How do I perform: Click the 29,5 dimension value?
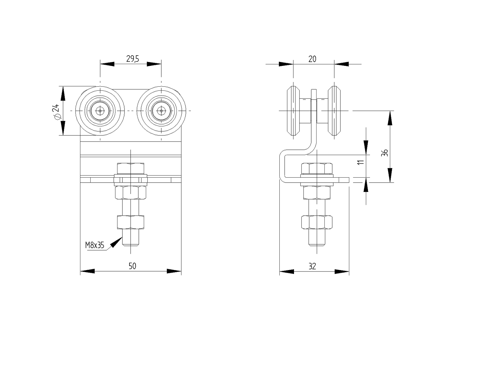click(x=133, y=59)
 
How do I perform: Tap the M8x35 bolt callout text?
click(x=95, y=245)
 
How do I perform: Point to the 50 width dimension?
click(x=132, y=266)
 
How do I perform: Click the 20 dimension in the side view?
click(x=312, y=59)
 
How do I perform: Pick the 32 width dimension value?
click(x=312, y=266)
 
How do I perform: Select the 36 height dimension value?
click(x=385, y=152)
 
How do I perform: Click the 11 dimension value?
click(x=362, y=162)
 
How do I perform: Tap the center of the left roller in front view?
click(x=100, y=111)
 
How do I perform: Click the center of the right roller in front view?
click(x=161, y=111)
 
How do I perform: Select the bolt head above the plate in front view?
click(x=130, y=168)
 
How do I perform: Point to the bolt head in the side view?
click(x=317, y=168)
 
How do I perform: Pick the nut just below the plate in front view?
click(x=130, y=192)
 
